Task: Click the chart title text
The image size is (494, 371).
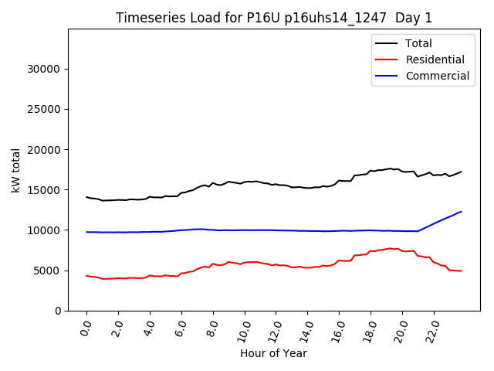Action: click(274, 18)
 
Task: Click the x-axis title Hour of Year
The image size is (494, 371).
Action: click(273, 353)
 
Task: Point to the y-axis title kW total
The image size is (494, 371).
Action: click(16, 170)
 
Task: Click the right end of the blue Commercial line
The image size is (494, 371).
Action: click(461, 211)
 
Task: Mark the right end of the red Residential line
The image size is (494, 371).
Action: click(461, 271)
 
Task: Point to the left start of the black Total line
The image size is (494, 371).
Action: click(86, 197)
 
